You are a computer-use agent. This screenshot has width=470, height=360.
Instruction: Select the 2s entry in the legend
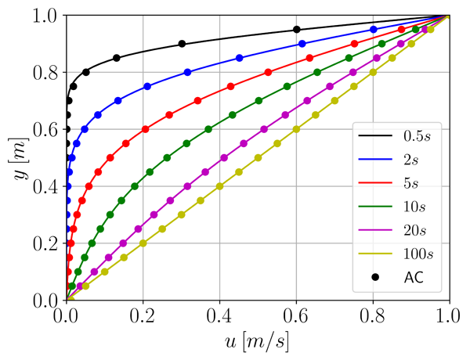(406, 160)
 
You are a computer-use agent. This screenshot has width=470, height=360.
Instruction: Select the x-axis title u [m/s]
(258, 343)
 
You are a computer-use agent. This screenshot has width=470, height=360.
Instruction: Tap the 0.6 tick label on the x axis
(296, 317)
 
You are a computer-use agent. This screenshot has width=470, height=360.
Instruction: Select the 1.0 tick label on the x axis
(449, 317)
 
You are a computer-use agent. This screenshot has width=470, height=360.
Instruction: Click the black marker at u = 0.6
(296, 30)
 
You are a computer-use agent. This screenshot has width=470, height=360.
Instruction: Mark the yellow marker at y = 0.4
(219, 186)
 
